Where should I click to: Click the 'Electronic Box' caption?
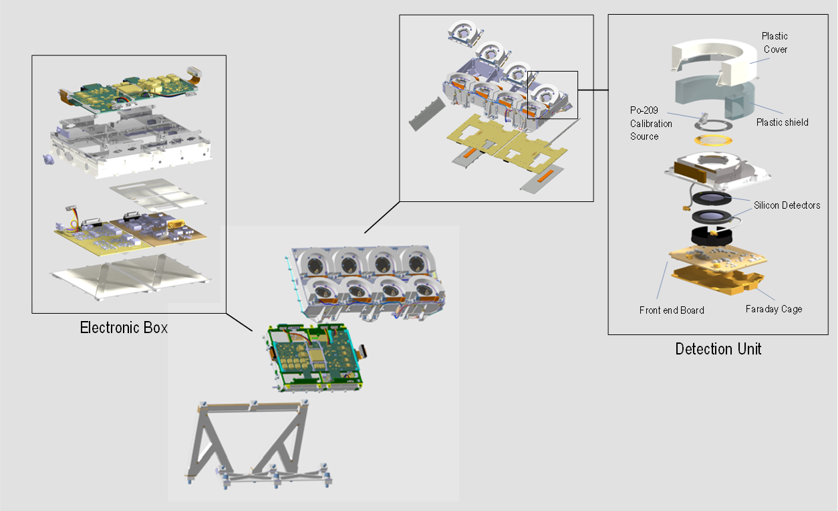(124, 328)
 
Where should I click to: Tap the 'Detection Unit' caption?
(718, 348)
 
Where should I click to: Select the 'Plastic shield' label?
(783, 122)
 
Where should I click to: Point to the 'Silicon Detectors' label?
(787, 205)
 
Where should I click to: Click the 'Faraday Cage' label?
(774, 309)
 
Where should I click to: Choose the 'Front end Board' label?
(672, 310)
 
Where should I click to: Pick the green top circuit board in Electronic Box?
(127, 94)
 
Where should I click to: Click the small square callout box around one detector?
(552, 95)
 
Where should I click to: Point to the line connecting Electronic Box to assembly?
(239, 322)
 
